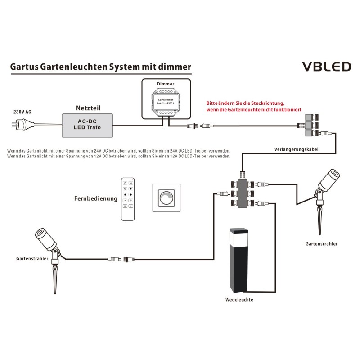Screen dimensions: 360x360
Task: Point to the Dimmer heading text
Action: point(165,84)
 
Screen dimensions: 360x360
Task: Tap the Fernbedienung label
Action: point(96,198)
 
